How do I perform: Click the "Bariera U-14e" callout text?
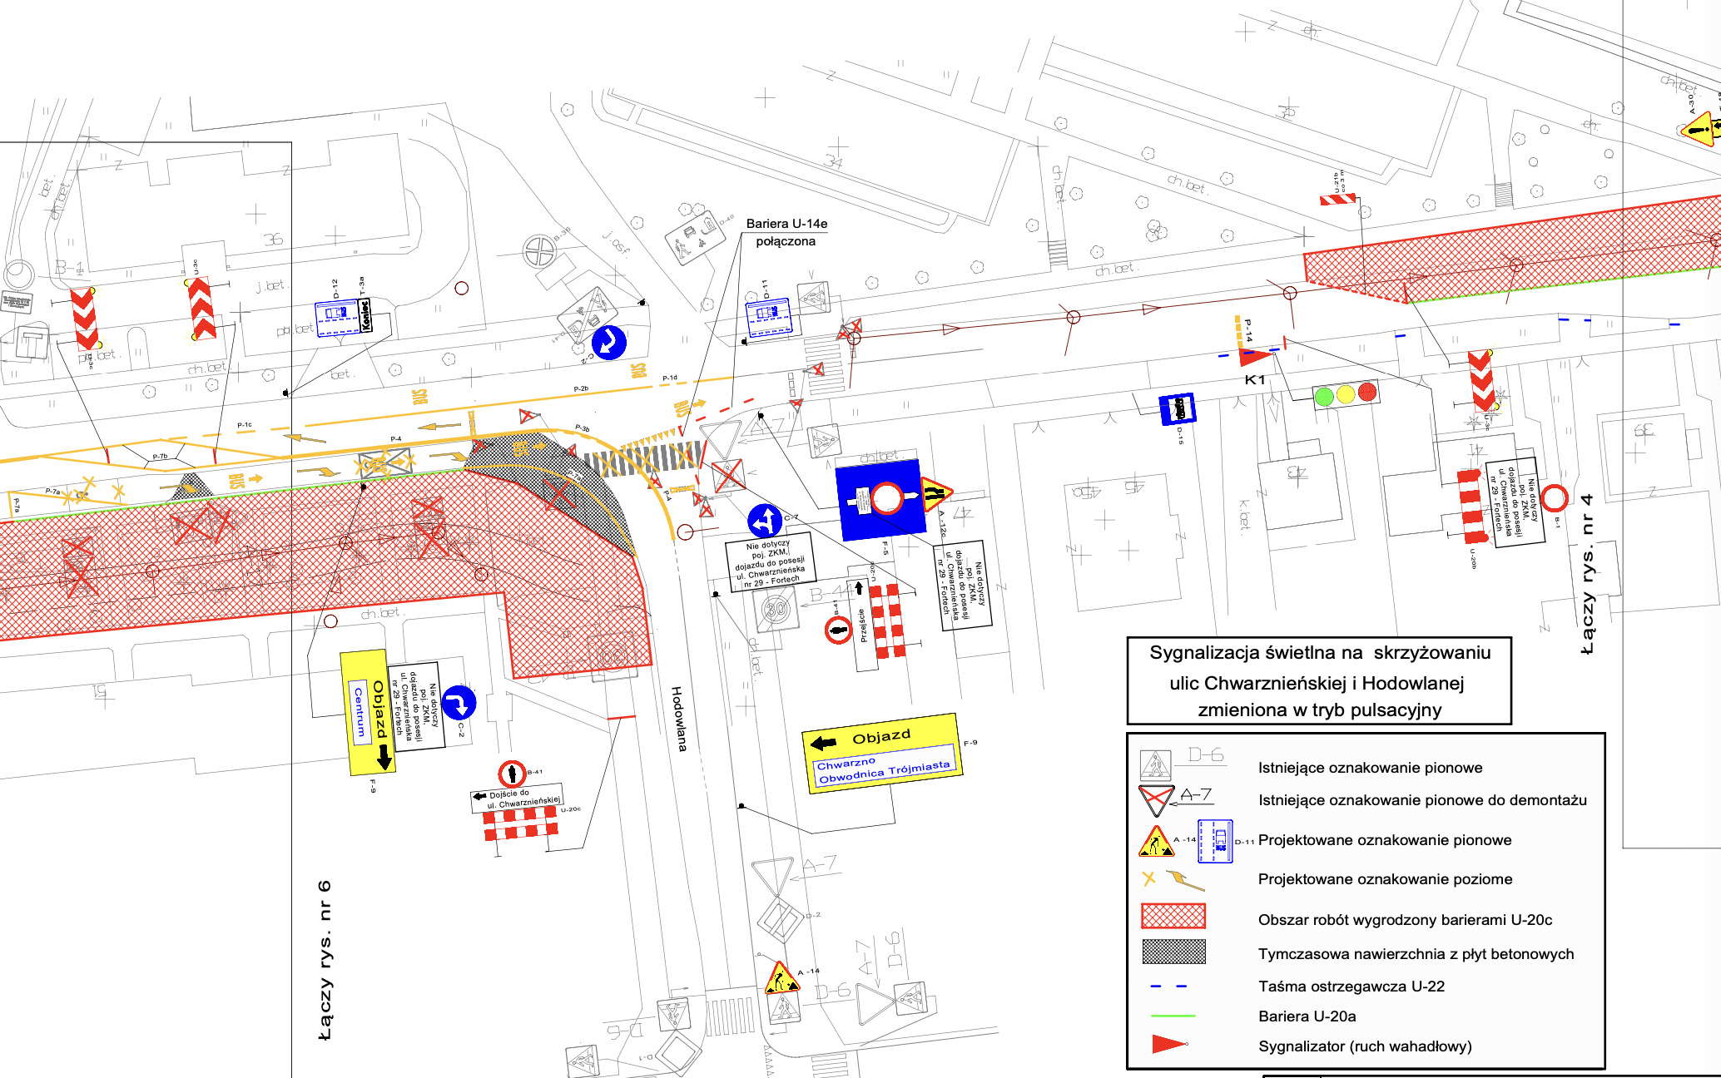coord(786,224)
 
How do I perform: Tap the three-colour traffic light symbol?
coord(1345,393)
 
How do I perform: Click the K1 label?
coord(1254,380)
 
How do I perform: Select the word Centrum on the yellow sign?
coord(360,712)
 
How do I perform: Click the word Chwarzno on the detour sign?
coord(846,764)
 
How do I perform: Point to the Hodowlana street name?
coord(679,719)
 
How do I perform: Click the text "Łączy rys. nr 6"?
coord(325,960)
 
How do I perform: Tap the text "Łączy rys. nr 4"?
coord(1587,574)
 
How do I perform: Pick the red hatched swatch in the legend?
coord(1173,916)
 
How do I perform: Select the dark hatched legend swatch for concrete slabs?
coord(1173,951)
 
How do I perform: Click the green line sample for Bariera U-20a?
coord(1173,1016)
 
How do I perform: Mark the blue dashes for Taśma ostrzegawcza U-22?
coord(1168,987)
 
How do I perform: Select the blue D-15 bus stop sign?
coord(1177,408)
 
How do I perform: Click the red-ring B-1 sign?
coord(1554,498)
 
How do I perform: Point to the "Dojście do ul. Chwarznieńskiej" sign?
coord(516,799)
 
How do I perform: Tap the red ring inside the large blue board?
coord(887,498)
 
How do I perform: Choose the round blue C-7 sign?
coord(764,521)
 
